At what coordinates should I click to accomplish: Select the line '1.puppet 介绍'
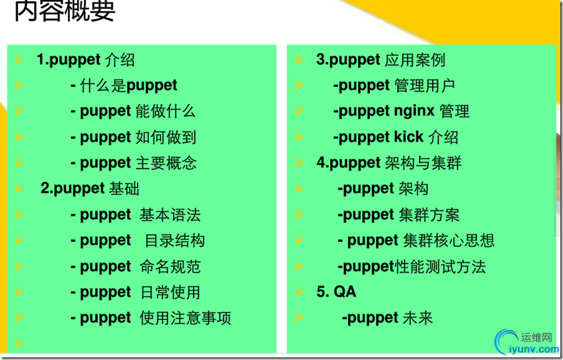85,60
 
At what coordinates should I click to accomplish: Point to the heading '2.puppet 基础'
89,188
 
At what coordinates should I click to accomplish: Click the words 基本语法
170,214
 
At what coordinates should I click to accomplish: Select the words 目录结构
174,240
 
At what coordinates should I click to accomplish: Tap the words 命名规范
170,266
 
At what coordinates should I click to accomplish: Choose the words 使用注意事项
185,318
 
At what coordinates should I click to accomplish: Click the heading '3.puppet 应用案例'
381,60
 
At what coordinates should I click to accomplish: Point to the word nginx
414,112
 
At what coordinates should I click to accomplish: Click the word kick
409,137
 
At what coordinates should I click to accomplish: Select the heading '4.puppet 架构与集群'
389,163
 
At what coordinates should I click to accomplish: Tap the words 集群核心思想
449,240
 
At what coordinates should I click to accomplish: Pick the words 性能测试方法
440,266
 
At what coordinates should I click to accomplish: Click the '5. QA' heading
337,291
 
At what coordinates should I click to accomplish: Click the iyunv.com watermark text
534,349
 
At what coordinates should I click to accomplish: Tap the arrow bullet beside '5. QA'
299,291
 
